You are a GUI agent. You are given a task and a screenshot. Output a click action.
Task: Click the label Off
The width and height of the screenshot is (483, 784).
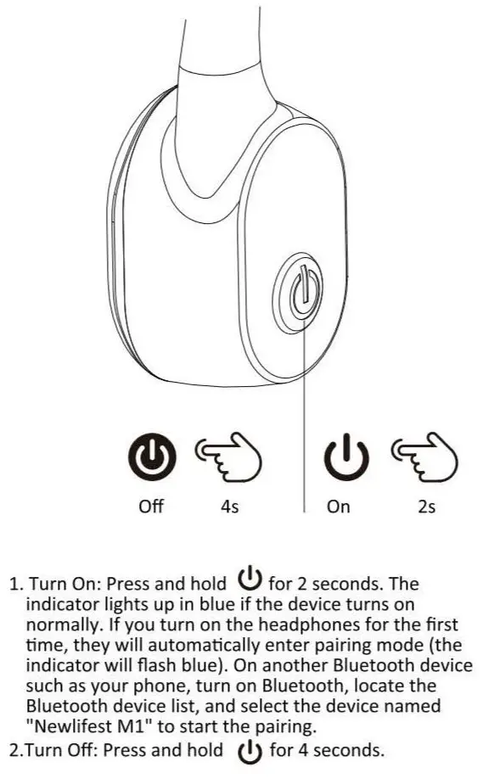(151, 507)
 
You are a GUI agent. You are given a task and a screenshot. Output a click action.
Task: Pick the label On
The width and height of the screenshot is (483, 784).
(338, 507)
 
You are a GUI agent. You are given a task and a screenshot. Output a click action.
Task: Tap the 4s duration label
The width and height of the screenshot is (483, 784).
(229, 507)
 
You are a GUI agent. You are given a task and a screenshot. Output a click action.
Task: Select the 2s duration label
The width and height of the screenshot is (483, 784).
(427, 507)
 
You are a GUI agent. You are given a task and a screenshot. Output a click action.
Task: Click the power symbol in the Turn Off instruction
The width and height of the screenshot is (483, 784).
(248, 749)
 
